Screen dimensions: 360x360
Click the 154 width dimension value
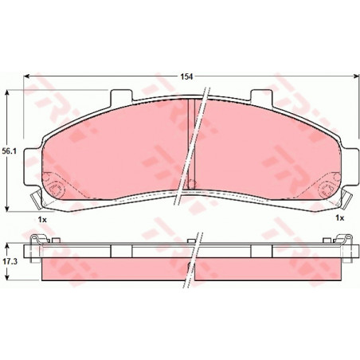click(x=186, y=76)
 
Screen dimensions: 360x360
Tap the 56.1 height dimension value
click(x=10, y=151)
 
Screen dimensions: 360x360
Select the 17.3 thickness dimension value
click(x=10, y=261)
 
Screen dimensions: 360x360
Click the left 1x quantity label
click(x=42, y=220)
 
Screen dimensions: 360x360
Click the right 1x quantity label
click(x=339, y=218)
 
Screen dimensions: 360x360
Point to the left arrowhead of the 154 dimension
click(x=26, y=76)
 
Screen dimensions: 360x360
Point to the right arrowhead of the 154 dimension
click(x=356, y=76)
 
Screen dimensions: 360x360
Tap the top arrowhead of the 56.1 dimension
click(x=7, y=92)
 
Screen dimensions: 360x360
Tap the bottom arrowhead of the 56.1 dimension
click(x=7, y=209)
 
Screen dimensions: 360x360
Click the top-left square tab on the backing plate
click(x=121, y=96)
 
